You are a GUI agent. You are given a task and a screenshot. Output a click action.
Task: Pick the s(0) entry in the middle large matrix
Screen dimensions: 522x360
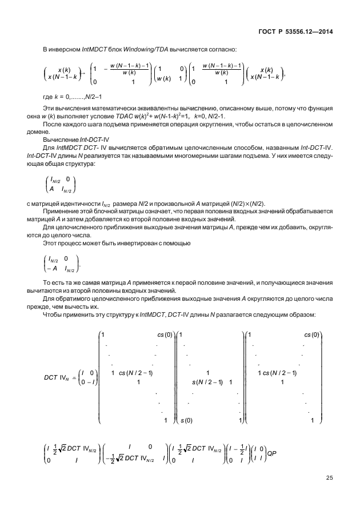[x=186, y=421]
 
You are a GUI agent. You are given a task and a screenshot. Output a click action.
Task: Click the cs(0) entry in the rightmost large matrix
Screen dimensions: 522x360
[x=311, y=334]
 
